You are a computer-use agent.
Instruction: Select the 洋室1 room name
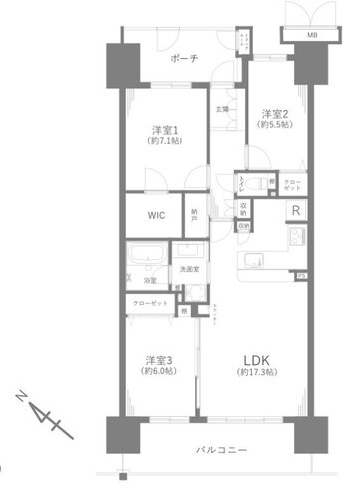[165, 130]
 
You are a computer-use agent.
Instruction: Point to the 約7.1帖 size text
[165, 143]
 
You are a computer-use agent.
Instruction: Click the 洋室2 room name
[274, 113]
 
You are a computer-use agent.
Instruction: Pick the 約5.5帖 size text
[274, 125]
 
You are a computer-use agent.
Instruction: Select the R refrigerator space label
[296, 211]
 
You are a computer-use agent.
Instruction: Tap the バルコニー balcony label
[220, 452]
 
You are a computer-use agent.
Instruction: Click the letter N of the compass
[23, 396]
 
